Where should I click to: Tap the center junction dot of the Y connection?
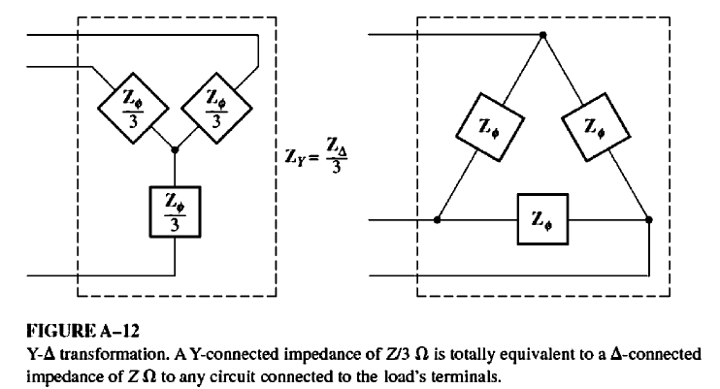[175, 150]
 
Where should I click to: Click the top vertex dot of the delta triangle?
[542, 35]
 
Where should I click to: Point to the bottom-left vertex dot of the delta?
[438, 220]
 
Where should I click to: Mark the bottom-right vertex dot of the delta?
[647, 220]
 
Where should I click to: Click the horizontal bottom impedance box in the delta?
[540, 220]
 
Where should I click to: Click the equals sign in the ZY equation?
[317, 156]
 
